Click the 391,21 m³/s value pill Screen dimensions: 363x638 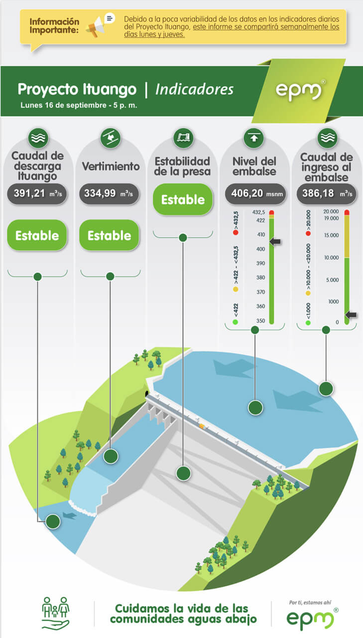[37, 194]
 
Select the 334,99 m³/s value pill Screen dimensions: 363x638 [109, 194]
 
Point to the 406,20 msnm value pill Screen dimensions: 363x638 [255, 194]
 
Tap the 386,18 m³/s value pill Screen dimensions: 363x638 [327, 194]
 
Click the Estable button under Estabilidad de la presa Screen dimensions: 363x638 [183, 199]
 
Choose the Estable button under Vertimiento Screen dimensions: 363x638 [109, 235]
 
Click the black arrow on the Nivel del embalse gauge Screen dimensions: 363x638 [275, 242]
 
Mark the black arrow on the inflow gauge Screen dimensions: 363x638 [351, 315]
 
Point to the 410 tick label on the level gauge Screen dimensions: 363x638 [261, 235]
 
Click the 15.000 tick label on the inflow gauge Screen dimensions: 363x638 [332, 235]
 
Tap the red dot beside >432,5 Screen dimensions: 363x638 [236, 232]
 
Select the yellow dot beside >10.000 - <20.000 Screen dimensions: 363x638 [308, 294]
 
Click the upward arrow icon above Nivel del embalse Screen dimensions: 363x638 [254, 138]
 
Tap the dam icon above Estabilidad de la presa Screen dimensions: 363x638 [183, 138]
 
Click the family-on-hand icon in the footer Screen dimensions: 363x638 [56, 613]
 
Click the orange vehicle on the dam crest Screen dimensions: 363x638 [202, 426]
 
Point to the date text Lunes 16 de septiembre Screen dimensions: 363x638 [63, 105]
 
